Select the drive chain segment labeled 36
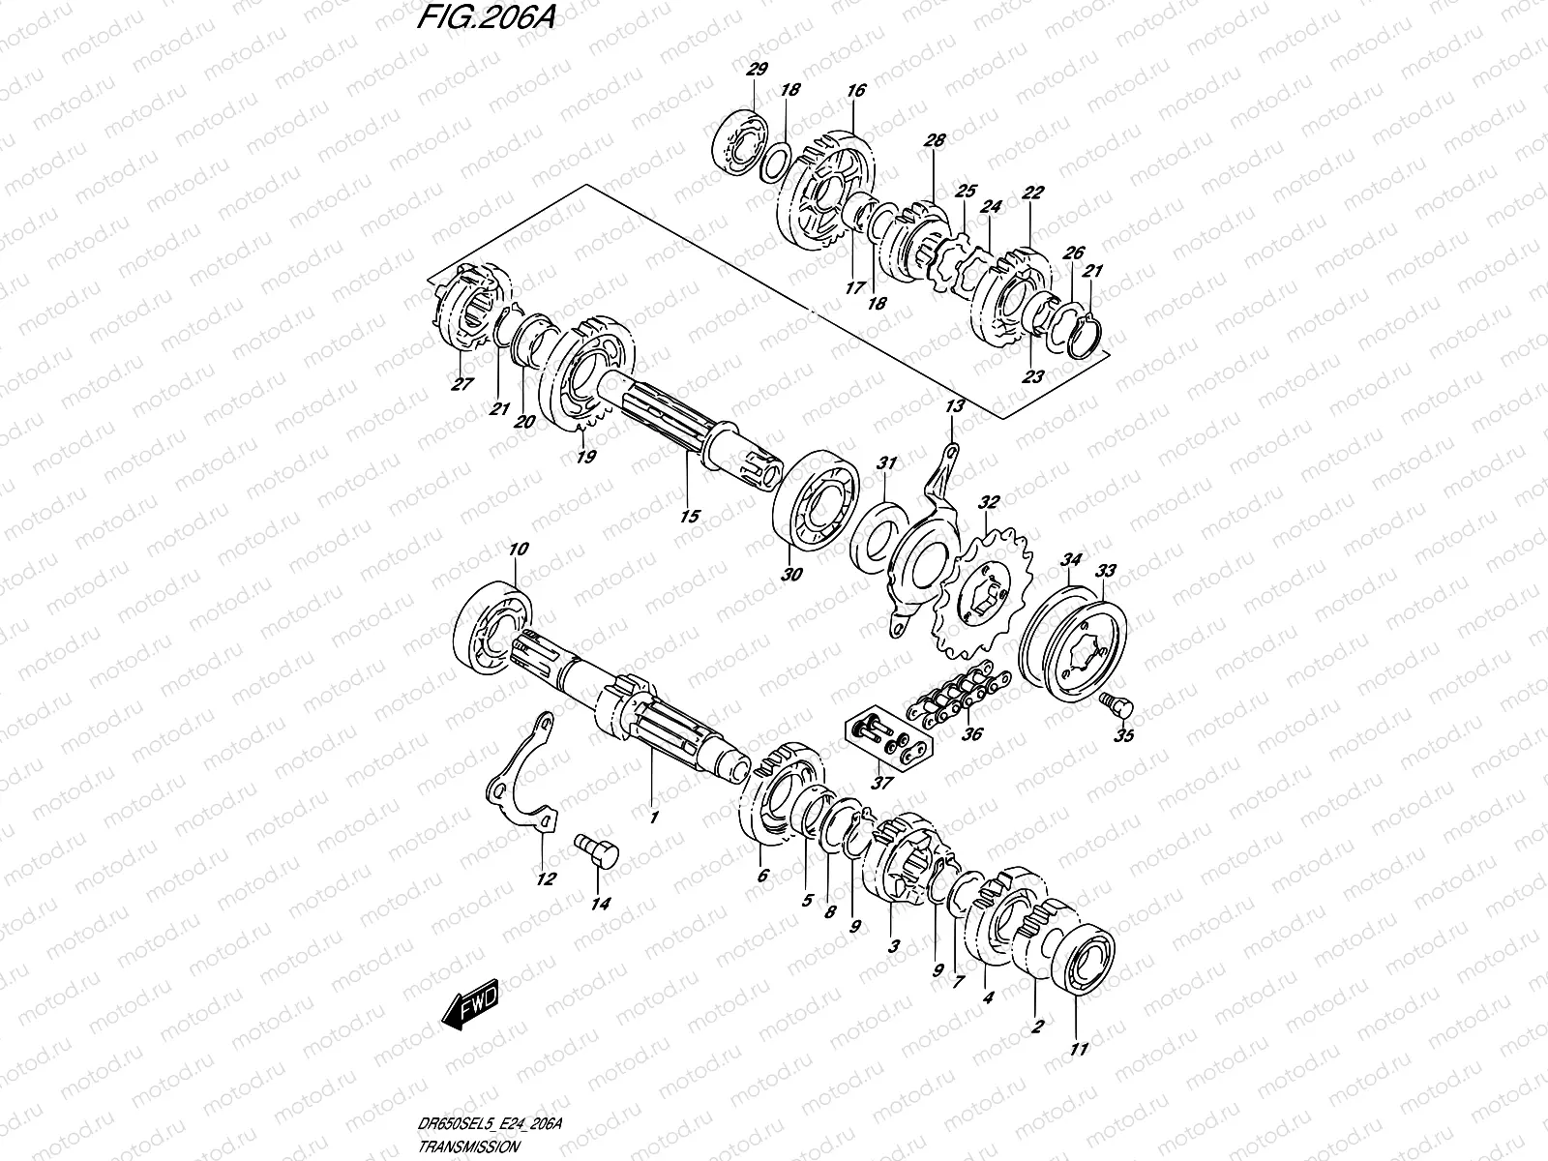pos(958,690)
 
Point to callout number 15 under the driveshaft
pos(689,517)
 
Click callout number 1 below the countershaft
pos(654,819)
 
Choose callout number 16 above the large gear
pos(854,91)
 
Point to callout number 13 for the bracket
pos(955,406)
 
